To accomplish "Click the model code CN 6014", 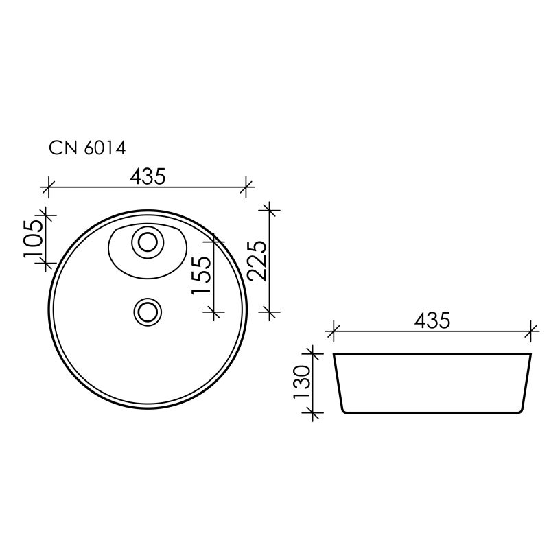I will click(86, 147).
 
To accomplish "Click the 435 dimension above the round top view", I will click(148, 176).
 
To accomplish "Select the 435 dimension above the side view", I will click(432, 320).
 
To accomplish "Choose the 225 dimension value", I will click(257, 261).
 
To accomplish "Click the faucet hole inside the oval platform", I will click(146, 242).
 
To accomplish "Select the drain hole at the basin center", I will click(146, 312).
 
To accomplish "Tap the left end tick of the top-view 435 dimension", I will click(47, 185).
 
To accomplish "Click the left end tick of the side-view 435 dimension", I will click(333, 331).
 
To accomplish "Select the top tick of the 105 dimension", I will click(46, 215).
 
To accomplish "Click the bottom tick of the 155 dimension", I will click(215, 313).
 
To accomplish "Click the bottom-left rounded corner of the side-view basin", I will click(343, 410).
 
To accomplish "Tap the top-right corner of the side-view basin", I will click(531, 354).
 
